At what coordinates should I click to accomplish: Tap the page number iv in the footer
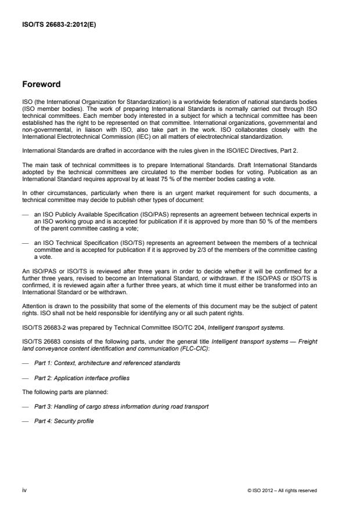coord(24,490)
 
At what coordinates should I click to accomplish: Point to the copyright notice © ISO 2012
coord(282,490)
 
